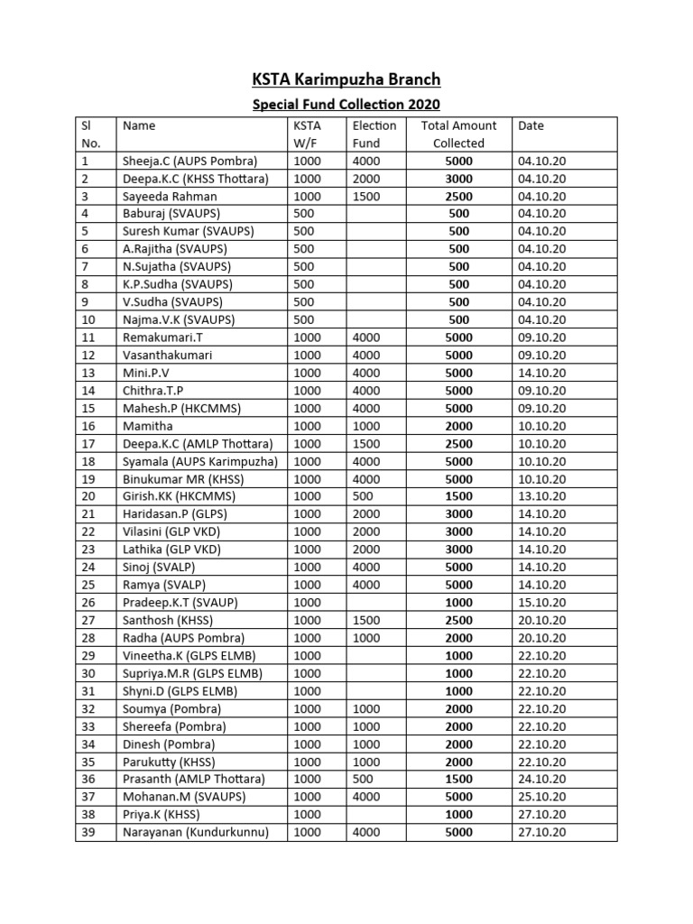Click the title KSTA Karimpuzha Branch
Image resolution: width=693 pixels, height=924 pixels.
pos(346,79)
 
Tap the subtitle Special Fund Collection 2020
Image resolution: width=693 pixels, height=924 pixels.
pos(346,105)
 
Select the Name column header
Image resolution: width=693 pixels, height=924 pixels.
pos(139,126)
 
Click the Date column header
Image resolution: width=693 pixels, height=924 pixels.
pos(531,126)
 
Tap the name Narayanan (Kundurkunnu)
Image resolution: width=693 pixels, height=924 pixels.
pos(196,833)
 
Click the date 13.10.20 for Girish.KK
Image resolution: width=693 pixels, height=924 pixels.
pos(542,496)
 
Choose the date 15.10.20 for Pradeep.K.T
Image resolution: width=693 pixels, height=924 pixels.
pos(542,603)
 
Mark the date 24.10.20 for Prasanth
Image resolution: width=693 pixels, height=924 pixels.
pos(542,780)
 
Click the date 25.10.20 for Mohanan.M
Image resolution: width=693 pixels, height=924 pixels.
pos(542,797)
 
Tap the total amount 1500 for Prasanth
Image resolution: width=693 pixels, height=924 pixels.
pos(458,780)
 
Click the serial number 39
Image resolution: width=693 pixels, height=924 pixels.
pos(88,833)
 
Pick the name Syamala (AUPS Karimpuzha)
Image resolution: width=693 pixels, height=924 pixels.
pos(200,461)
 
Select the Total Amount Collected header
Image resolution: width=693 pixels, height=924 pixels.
pos(458,134)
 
